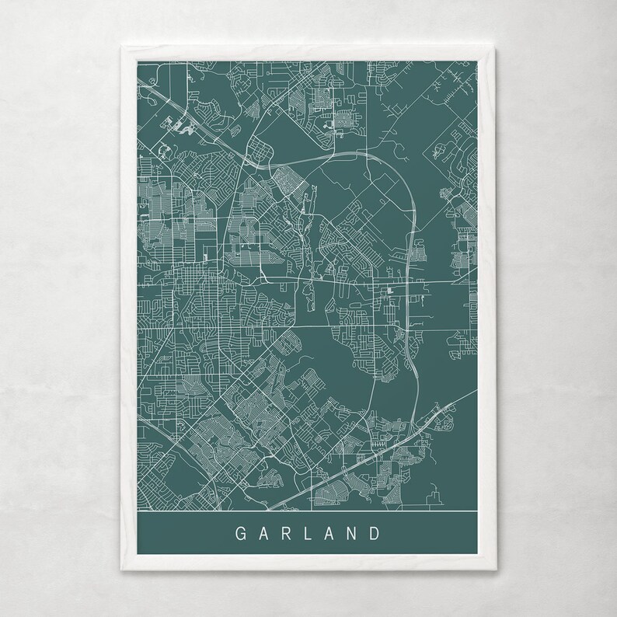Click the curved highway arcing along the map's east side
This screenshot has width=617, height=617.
(x=411, y=233)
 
